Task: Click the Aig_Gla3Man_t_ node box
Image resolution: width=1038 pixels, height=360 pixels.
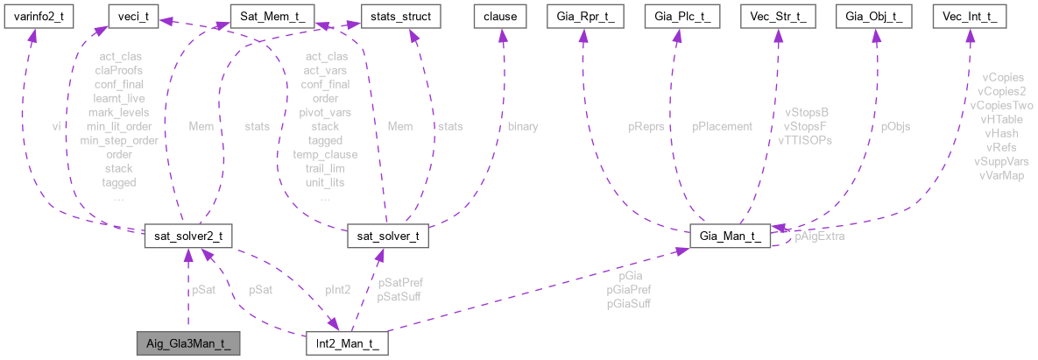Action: pyautogui.click(x=187, y=342)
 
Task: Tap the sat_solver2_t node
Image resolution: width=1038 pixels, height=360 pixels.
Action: pyautogui.click(x=187, y=236)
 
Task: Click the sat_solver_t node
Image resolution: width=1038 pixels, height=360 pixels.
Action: pyautogui.click(x=387, y=236)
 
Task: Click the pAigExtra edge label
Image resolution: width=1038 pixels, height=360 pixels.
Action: pyautogui.click(x=820, y=237)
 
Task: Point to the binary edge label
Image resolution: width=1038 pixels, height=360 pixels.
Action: pyautogui.click(x=523, y=126)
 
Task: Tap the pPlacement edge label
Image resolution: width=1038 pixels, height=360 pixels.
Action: pyautogui.click(x=722, y=126)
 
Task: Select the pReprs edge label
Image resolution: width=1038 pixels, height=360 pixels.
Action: pyautogui.click(x=646, y=126)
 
